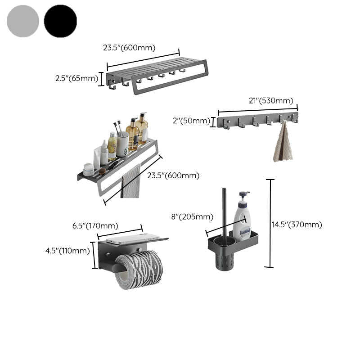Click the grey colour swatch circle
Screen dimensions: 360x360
tap(23, 21)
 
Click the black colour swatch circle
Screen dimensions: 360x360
tap(60, 21)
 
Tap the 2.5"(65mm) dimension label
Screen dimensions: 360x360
tap(76, 78)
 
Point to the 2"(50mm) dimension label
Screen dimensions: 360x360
tap(191, 121)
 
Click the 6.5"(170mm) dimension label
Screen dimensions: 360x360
tap(95, 225)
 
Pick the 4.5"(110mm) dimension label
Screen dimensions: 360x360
tap(67, 251)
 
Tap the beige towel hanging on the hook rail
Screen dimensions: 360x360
tap(283, 143)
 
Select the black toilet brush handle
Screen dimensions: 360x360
tap(224, 211)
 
